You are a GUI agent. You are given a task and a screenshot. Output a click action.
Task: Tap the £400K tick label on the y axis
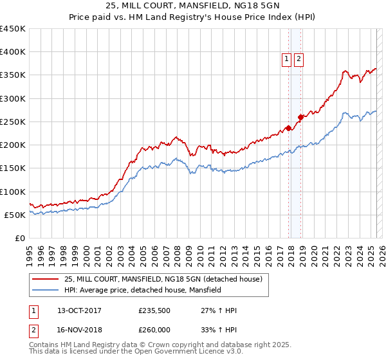pos(13,52)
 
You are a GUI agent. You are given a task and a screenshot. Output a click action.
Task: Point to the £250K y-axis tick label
pos(13,122)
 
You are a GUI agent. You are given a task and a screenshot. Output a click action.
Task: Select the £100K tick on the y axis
pos(13,192)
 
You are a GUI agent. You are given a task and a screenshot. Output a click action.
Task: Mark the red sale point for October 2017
pos(288,129)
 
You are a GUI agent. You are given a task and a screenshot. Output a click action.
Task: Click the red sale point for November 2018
pos(300,117)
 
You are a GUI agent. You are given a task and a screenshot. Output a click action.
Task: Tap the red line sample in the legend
pos(44,280)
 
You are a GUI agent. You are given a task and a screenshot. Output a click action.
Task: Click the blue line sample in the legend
pos(44,291)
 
